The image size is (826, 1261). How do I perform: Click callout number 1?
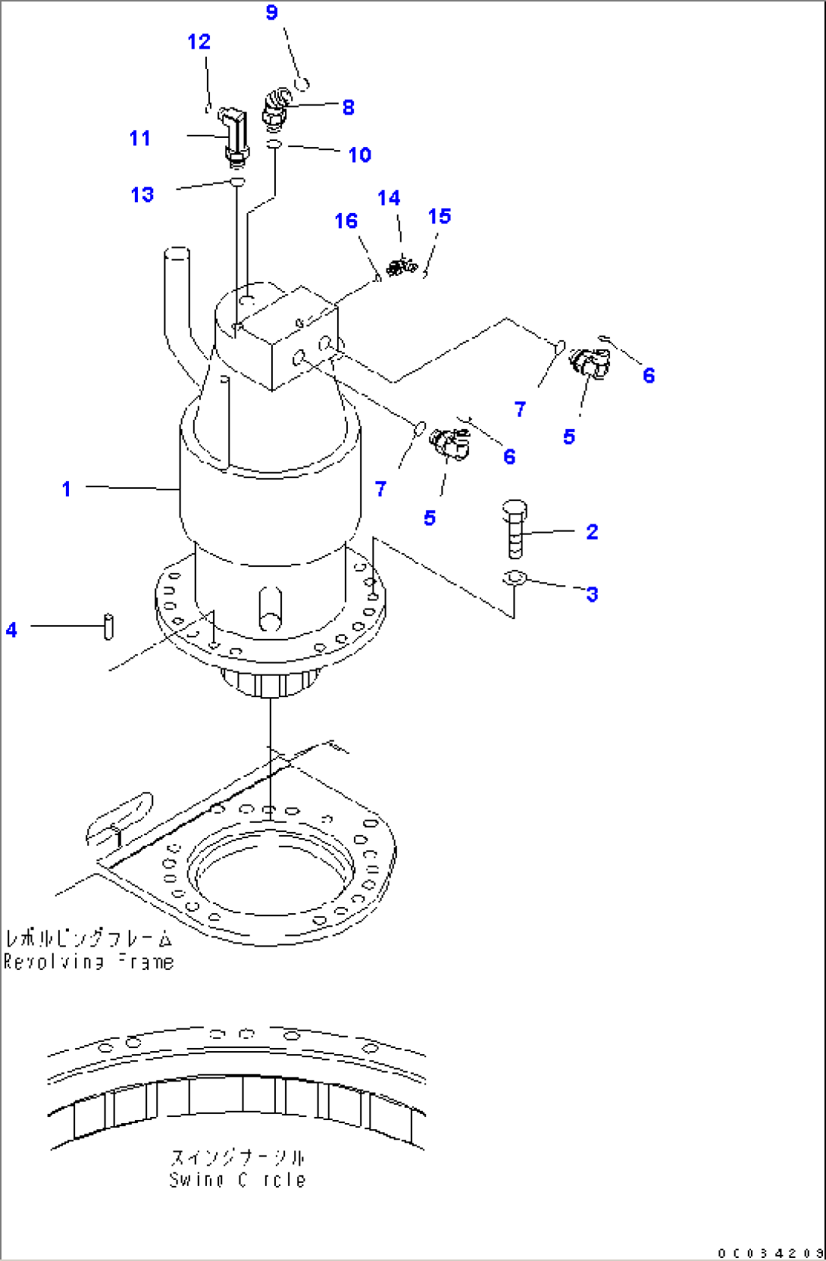[67, 489]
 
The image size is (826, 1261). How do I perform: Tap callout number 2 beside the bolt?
[592, 532]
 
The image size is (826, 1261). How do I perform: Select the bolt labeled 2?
[515, 530]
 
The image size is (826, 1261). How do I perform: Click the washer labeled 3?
[515, 578]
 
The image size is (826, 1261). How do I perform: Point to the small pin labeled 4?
[108, 627]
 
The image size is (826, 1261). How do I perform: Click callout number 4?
[11, 630]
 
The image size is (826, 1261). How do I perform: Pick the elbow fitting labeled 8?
[275, 108]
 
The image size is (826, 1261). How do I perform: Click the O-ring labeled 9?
[301, 82]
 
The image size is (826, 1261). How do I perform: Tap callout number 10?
[359, 155]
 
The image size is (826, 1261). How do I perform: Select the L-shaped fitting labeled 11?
[234, 136]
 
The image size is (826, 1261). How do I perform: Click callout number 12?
[199, 42]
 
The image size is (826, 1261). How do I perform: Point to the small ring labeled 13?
[237, 182]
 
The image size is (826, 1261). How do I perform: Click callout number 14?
[389, 198]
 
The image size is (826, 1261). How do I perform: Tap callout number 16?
[346, 221]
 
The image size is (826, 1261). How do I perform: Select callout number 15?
[439, 216]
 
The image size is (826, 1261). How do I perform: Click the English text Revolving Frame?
[89, 962]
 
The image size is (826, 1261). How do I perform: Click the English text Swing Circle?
[237, 1179]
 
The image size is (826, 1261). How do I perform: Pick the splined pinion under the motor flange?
[267, 682]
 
